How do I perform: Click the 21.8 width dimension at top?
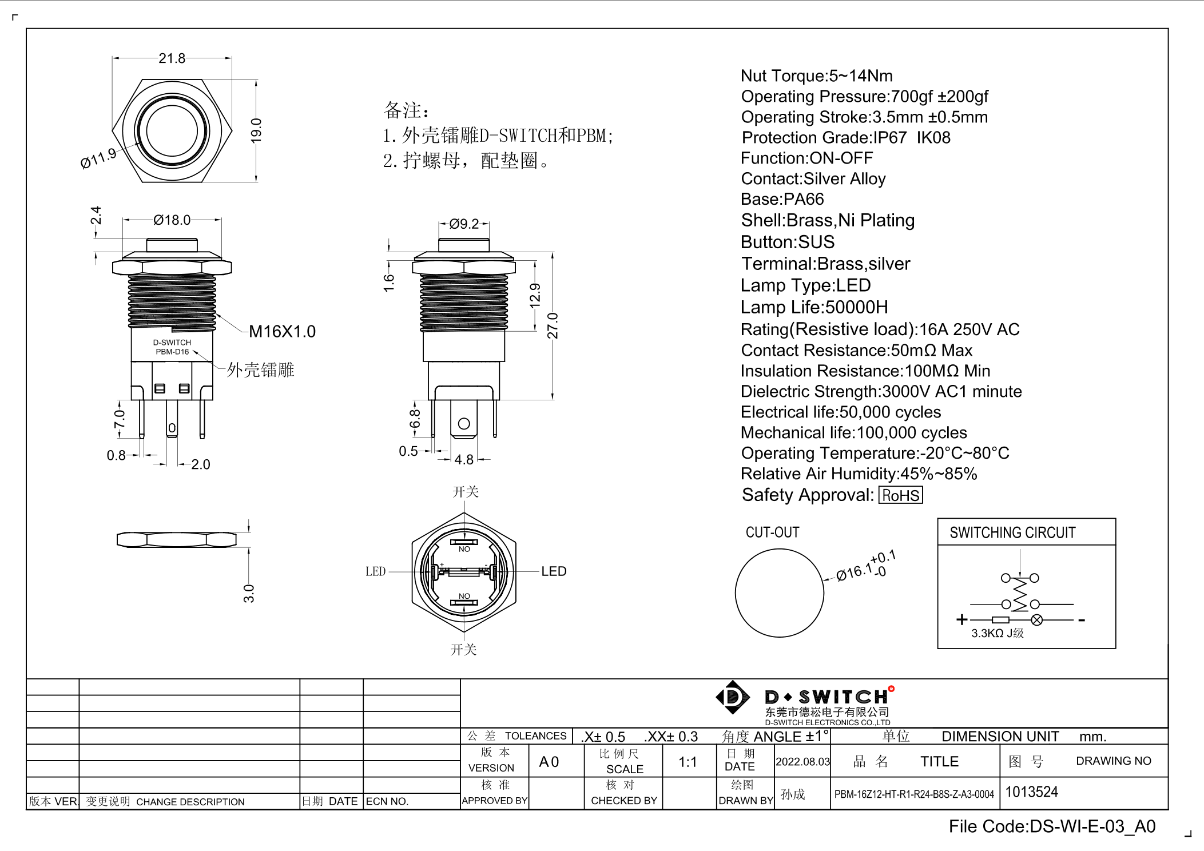pos(172,58)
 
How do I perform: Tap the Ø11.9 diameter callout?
pos(98,158)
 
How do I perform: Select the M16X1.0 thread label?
pos(282,331)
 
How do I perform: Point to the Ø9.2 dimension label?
pos(464,224)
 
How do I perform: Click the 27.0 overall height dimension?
pos(553,325)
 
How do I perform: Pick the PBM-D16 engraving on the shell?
pos(172,352)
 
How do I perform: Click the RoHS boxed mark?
pos(900,495)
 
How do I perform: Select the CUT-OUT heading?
pos(772,532)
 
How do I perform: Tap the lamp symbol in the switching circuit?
pos(1036,620)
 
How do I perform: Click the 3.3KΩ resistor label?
pos(997,633)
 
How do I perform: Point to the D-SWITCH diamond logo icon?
pos(732,697)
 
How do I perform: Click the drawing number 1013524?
pos(1032,792)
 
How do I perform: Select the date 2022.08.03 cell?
pos(802,762)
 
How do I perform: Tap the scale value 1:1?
pos(688,762)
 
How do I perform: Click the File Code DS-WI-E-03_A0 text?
pos(1052,826)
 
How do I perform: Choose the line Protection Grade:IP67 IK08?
pos(845,138)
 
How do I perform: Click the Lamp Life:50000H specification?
pos(814,307)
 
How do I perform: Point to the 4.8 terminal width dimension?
pos(464,460)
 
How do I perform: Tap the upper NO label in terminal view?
pos(464,549)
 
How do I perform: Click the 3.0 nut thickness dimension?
pos(248,593)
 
